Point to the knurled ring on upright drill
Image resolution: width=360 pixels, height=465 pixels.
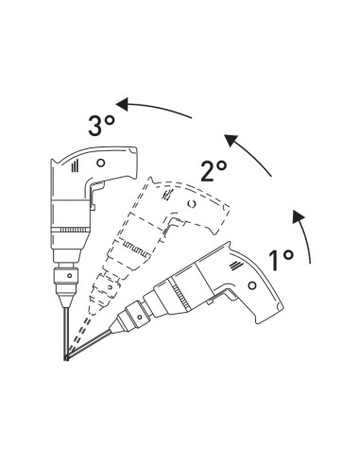[x=71, y=232]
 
